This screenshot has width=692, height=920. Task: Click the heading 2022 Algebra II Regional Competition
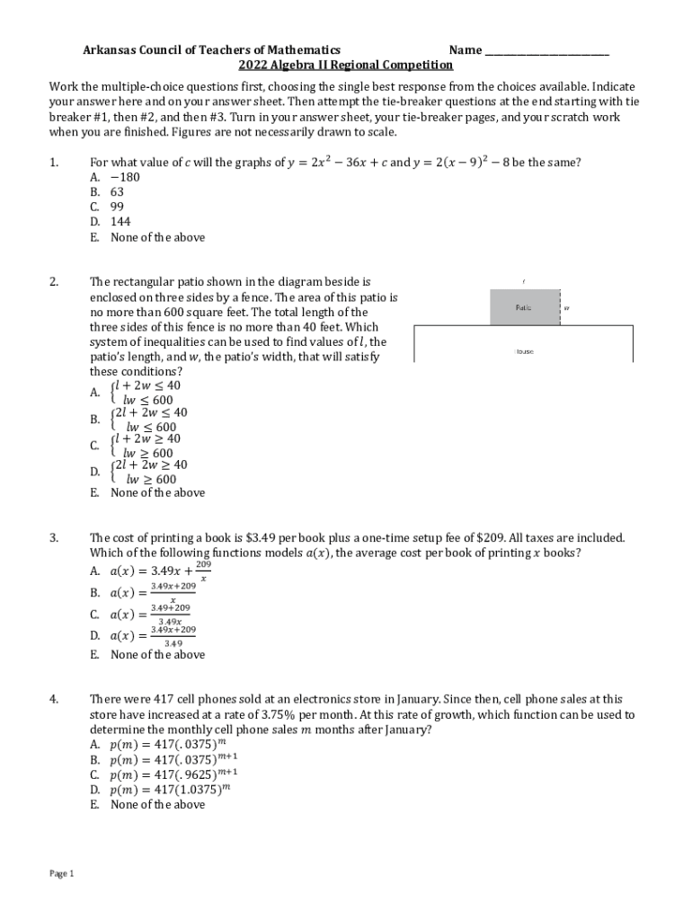345,66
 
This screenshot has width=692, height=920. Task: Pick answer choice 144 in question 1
120,222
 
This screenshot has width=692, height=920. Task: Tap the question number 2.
55,282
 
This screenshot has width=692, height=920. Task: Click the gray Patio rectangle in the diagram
523,307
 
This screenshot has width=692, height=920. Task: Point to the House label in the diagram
523,351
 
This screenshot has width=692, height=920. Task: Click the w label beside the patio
567,308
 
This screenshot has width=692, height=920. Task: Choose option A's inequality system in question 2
144,393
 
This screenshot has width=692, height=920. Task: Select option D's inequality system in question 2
147,472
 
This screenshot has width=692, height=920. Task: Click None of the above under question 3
157,655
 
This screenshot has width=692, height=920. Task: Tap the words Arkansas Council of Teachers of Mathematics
212,50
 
